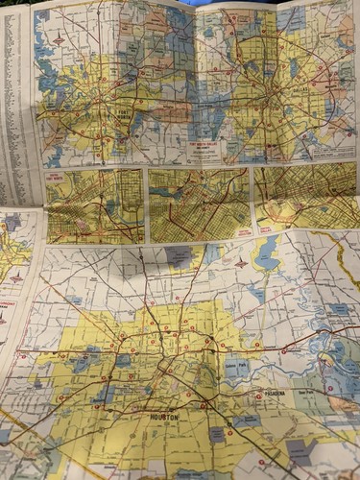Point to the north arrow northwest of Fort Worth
60,41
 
